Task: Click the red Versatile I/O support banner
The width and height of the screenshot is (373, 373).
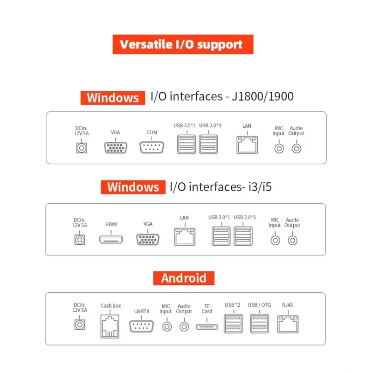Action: (183, 44)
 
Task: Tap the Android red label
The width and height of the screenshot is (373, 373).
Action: (184, 278)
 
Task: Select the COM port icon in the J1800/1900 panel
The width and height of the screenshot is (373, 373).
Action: (152, 147)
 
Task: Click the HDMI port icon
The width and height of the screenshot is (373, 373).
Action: (111, 240)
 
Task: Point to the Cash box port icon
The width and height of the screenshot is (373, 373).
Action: (110, 326)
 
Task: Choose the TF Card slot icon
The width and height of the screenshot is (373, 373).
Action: (207, 327)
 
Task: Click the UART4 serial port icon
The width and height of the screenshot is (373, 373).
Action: (141, 326)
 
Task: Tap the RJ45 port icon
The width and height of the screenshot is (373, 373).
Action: (288, 324)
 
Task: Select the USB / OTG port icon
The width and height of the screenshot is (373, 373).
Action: (260, 324)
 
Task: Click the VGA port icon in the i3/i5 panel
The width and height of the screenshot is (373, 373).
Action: (148, 239)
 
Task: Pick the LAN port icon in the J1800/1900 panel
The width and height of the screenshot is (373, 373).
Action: (247, 145)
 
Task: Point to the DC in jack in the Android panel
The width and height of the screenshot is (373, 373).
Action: (80, 325)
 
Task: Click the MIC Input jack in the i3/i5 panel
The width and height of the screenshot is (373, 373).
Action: (275, 241)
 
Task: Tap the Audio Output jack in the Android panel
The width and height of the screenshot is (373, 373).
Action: (184, 327)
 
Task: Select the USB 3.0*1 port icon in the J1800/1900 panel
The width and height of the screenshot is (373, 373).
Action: (186, 144)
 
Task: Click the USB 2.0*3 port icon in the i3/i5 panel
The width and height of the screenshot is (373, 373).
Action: (243, 236)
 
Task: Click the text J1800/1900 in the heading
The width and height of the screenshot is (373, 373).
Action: (262, 97)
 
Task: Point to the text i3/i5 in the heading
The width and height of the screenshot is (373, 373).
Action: (260, 187)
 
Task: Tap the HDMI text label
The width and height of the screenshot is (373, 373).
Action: (111, 224)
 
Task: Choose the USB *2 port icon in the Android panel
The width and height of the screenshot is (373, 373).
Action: (234, 324)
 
